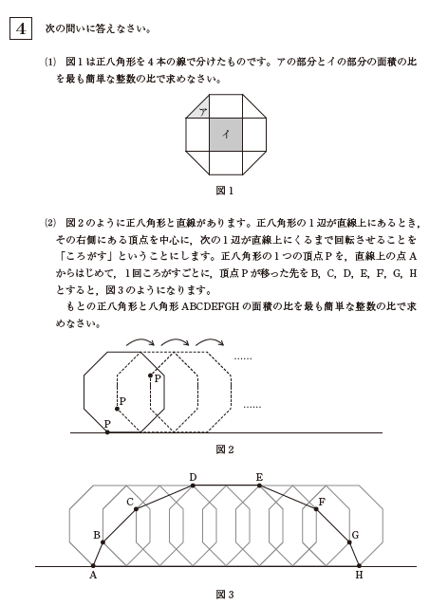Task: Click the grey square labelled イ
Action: click(x=225, y=134)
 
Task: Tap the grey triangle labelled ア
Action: click(x=201, y=112)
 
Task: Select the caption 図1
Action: click(x=225, y=190)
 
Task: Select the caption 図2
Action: click(x=225, y=449)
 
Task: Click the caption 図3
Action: click(x=225, y=595)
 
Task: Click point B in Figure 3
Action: click(x=103, y=541)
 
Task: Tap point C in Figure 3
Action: click(x=137, y=509)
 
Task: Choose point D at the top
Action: click(x=193, y=485)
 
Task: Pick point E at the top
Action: click(x=259, y=485)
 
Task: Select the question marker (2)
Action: click(x=50, y=224)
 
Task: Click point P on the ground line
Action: click(x=107, y=431)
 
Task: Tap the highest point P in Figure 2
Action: click(x=150, y=376)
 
